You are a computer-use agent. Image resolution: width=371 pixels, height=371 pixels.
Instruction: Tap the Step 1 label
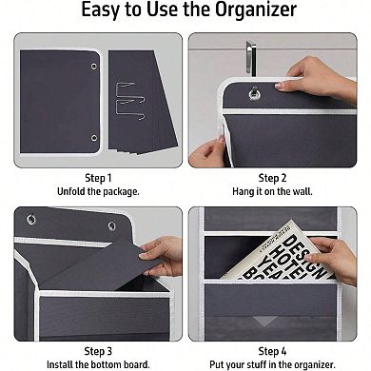pyautogui.click(x=98, y=177)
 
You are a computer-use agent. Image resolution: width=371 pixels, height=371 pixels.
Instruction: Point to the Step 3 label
pyautogui.click(x=98, y=349)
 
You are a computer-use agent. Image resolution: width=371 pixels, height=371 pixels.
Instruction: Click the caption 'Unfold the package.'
pyautogui.click(x=98, y=191)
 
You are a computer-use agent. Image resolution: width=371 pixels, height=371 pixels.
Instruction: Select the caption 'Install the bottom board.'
pyautogui.click(x=98, y=363)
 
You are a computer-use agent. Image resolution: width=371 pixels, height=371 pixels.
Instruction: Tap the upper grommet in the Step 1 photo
pyautogui.click(x=93, y=65)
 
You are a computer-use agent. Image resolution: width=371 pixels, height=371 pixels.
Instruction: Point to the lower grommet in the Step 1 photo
pyautogui.click(x=93, y=138)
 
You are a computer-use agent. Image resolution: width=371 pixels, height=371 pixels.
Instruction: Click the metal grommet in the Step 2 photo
pyautogui.click(x=254, y=93)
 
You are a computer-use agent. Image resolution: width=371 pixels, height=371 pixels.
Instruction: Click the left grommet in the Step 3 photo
pyautogui.click(x=31, y=220)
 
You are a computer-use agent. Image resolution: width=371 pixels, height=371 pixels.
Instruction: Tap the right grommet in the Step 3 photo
pyautogui.click(x=111, y=225)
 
